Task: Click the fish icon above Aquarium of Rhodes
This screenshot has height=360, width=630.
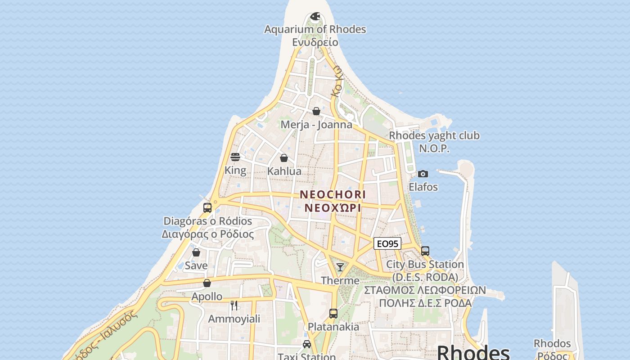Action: (x=315, y=17)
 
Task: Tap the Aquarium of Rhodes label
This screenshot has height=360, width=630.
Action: (x=315, y=29)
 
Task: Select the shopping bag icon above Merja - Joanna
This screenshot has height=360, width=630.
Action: (x=316, y=111)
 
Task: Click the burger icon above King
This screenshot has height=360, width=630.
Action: (x=235, y=157)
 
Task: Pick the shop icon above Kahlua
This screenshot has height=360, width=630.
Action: (x=284, y=158)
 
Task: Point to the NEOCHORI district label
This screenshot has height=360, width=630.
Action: (x=333, y=194)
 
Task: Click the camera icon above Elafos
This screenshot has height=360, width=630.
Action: (x=423, y=174)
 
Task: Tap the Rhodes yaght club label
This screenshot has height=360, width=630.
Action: (x=434, y=135)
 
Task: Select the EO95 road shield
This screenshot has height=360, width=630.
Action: (x=387, y=244)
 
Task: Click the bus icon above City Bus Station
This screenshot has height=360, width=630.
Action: (x=425, y=251)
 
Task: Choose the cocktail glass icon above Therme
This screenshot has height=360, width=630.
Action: (x=340, y=267)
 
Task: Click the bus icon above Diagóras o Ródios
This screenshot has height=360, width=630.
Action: (x=207, y=208)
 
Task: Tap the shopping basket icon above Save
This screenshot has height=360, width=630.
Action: (x=196, y=252)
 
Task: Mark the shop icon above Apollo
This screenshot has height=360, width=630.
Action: (x=207, y=283)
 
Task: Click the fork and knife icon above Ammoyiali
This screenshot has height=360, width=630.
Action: (x=234, y=306)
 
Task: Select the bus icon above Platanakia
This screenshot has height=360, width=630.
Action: (x=333, y=314)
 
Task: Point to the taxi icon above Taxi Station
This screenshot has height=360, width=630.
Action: (x=307, y=344)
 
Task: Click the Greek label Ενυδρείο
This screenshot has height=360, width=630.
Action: (x=315, y=42)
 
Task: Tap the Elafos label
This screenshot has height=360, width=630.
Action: (x=423, y=187)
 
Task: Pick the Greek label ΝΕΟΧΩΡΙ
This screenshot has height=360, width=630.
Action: (x=333, y=208)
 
